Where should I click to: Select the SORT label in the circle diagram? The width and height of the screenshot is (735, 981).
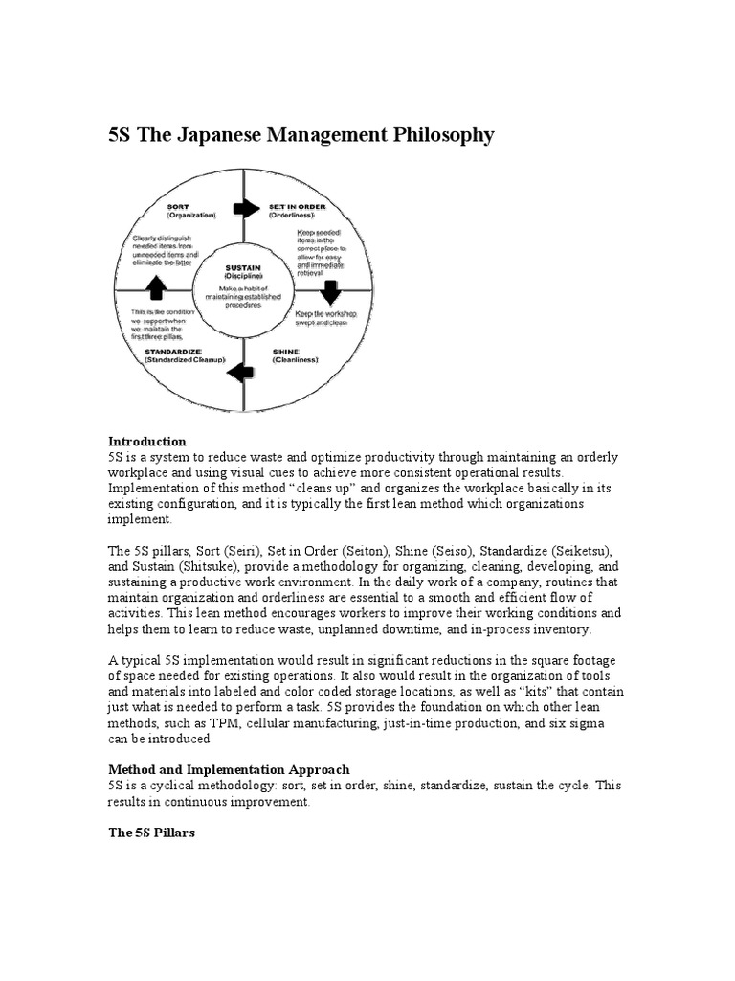pos(179,206)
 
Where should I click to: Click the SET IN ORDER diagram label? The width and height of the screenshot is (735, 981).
pos(299,206)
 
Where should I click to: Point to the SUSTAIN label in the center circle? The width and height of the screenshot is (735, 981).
pos(243,268)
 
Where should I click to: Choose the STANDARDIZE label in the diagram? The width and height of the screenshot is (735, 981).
pos(173,351)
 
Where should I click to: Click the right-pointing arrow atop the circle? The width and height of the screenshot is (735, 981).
pos(246,208)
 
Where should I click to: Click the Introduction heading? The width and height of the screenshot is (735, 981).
pos(146,442)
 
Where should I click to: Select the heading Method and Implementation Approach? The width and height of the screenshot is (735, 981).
pos(229,769)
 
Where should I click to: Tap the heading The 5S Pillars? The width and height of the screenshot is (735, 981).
pos(151,833)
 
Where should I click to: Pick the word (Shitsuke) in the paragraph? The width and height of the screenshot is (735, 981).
pos(221,567)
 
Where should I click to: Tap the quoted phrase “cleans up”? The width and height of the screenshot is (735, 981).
pos(297,489)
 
